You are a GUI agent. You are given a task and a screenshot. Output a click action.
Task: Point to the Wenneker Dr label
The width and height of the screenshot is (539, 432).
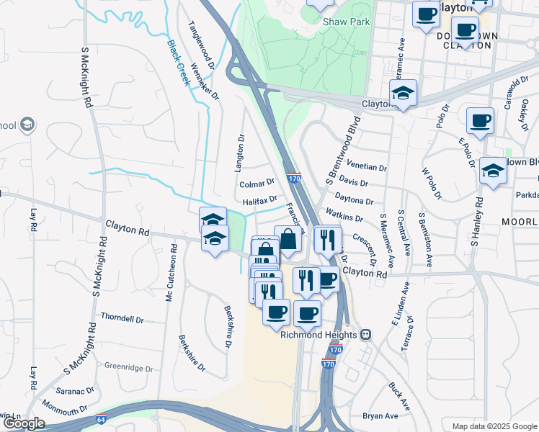pos(204,84)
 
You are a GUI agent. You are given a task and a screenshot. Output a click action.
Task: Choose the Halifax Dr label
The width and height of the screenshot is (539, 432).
pos(259,202)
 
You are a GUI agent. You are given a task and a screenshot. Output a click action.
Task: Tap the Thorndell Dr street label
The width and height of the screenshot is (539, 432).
pos(122,318)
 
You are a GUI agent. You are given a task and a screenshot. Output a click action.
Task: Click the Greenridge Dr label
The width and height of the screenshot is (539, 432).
pos(129,368)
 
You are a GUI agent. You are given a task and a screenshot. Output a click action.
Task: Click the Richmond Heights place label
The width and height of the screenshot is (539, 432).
pos(318,335)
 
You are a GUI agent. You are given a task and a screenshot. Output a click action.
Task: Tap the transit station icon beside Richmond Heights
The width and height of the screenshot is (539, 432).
pos(366,335)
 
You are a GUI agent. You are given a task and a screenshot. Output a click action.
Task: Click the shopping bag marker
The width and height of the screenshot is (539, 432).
pos(288,240)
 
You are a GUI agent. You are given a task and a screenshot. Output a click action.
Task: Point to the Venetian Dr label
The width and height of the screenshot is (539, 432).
pos(367,166)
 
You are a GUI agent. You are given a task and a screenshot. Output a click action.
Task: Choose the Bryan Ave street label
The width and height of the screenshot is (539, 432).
pos(380,416)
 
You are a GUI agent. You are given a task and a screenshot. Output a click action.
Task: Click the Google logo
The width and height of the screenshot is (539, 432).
pos(24,423)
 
